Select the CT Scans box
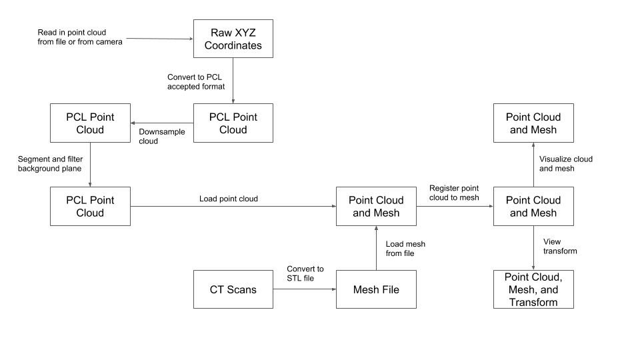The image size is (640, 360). pos(233,289)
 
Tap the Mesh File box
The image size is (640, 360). pos(376,289)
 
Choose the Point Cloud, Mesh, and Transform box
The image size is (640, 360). pos(533,289)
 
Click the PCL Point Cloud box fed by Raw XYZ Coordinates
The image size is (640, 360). pos(233,123)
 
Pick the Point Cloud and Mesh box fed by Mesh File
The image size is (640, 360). pos(376,206)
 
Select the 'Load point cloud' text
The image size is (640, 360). pos(228,199)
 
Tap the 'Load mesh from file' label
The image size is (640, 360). pos(405,249)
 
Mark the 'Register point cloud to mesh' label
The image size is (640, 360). pos(453,193)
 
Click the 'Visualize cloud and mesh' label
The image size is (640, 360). pos(565,164)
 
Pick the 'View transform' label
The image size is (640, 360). pos(560,247)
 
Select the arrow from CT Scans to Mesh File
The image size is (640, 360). pos(304,290)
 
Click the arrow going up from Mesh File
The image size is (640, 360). pos(376,248)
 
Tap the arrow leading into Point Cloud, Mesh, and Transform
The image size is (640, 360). pos(533,248)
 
